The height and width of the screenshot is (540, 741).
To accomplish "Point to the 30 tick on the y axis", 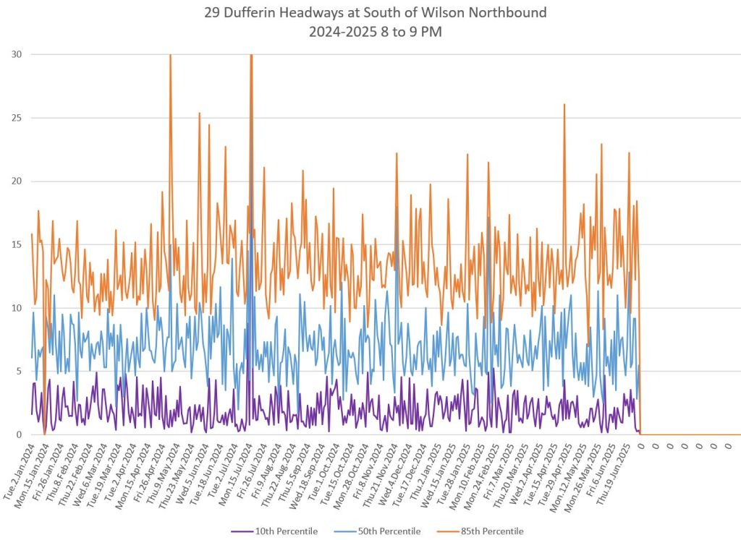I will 16,54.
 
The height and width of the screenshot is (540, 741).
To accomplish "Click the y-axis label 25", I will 16,118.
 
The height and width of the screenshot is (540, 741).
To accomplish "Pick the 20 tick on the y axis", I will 16,181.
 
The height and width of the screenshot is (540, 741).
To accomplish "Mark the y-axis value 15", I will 16,244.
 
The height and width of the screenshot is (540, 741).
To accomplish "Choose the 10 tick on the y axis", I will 16,308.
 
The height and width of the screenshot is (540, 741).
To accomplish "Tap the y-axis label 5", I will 18,372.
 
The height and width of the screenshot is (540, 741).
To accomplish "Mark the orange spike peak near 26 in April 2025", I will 564,105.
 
